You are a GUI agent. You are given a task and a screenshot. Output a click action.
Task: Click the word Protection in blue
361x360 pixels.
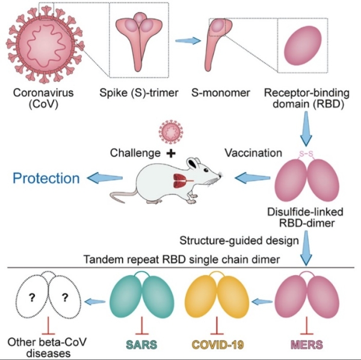[x=47, y=178]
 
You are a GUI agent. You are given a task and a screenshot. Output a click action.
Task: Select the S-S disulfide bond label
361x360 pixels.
[x=308, y=155]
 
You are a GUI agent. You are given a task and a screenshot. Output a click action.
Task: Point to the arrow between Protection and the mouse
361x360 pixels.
[x=105, y=178]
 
